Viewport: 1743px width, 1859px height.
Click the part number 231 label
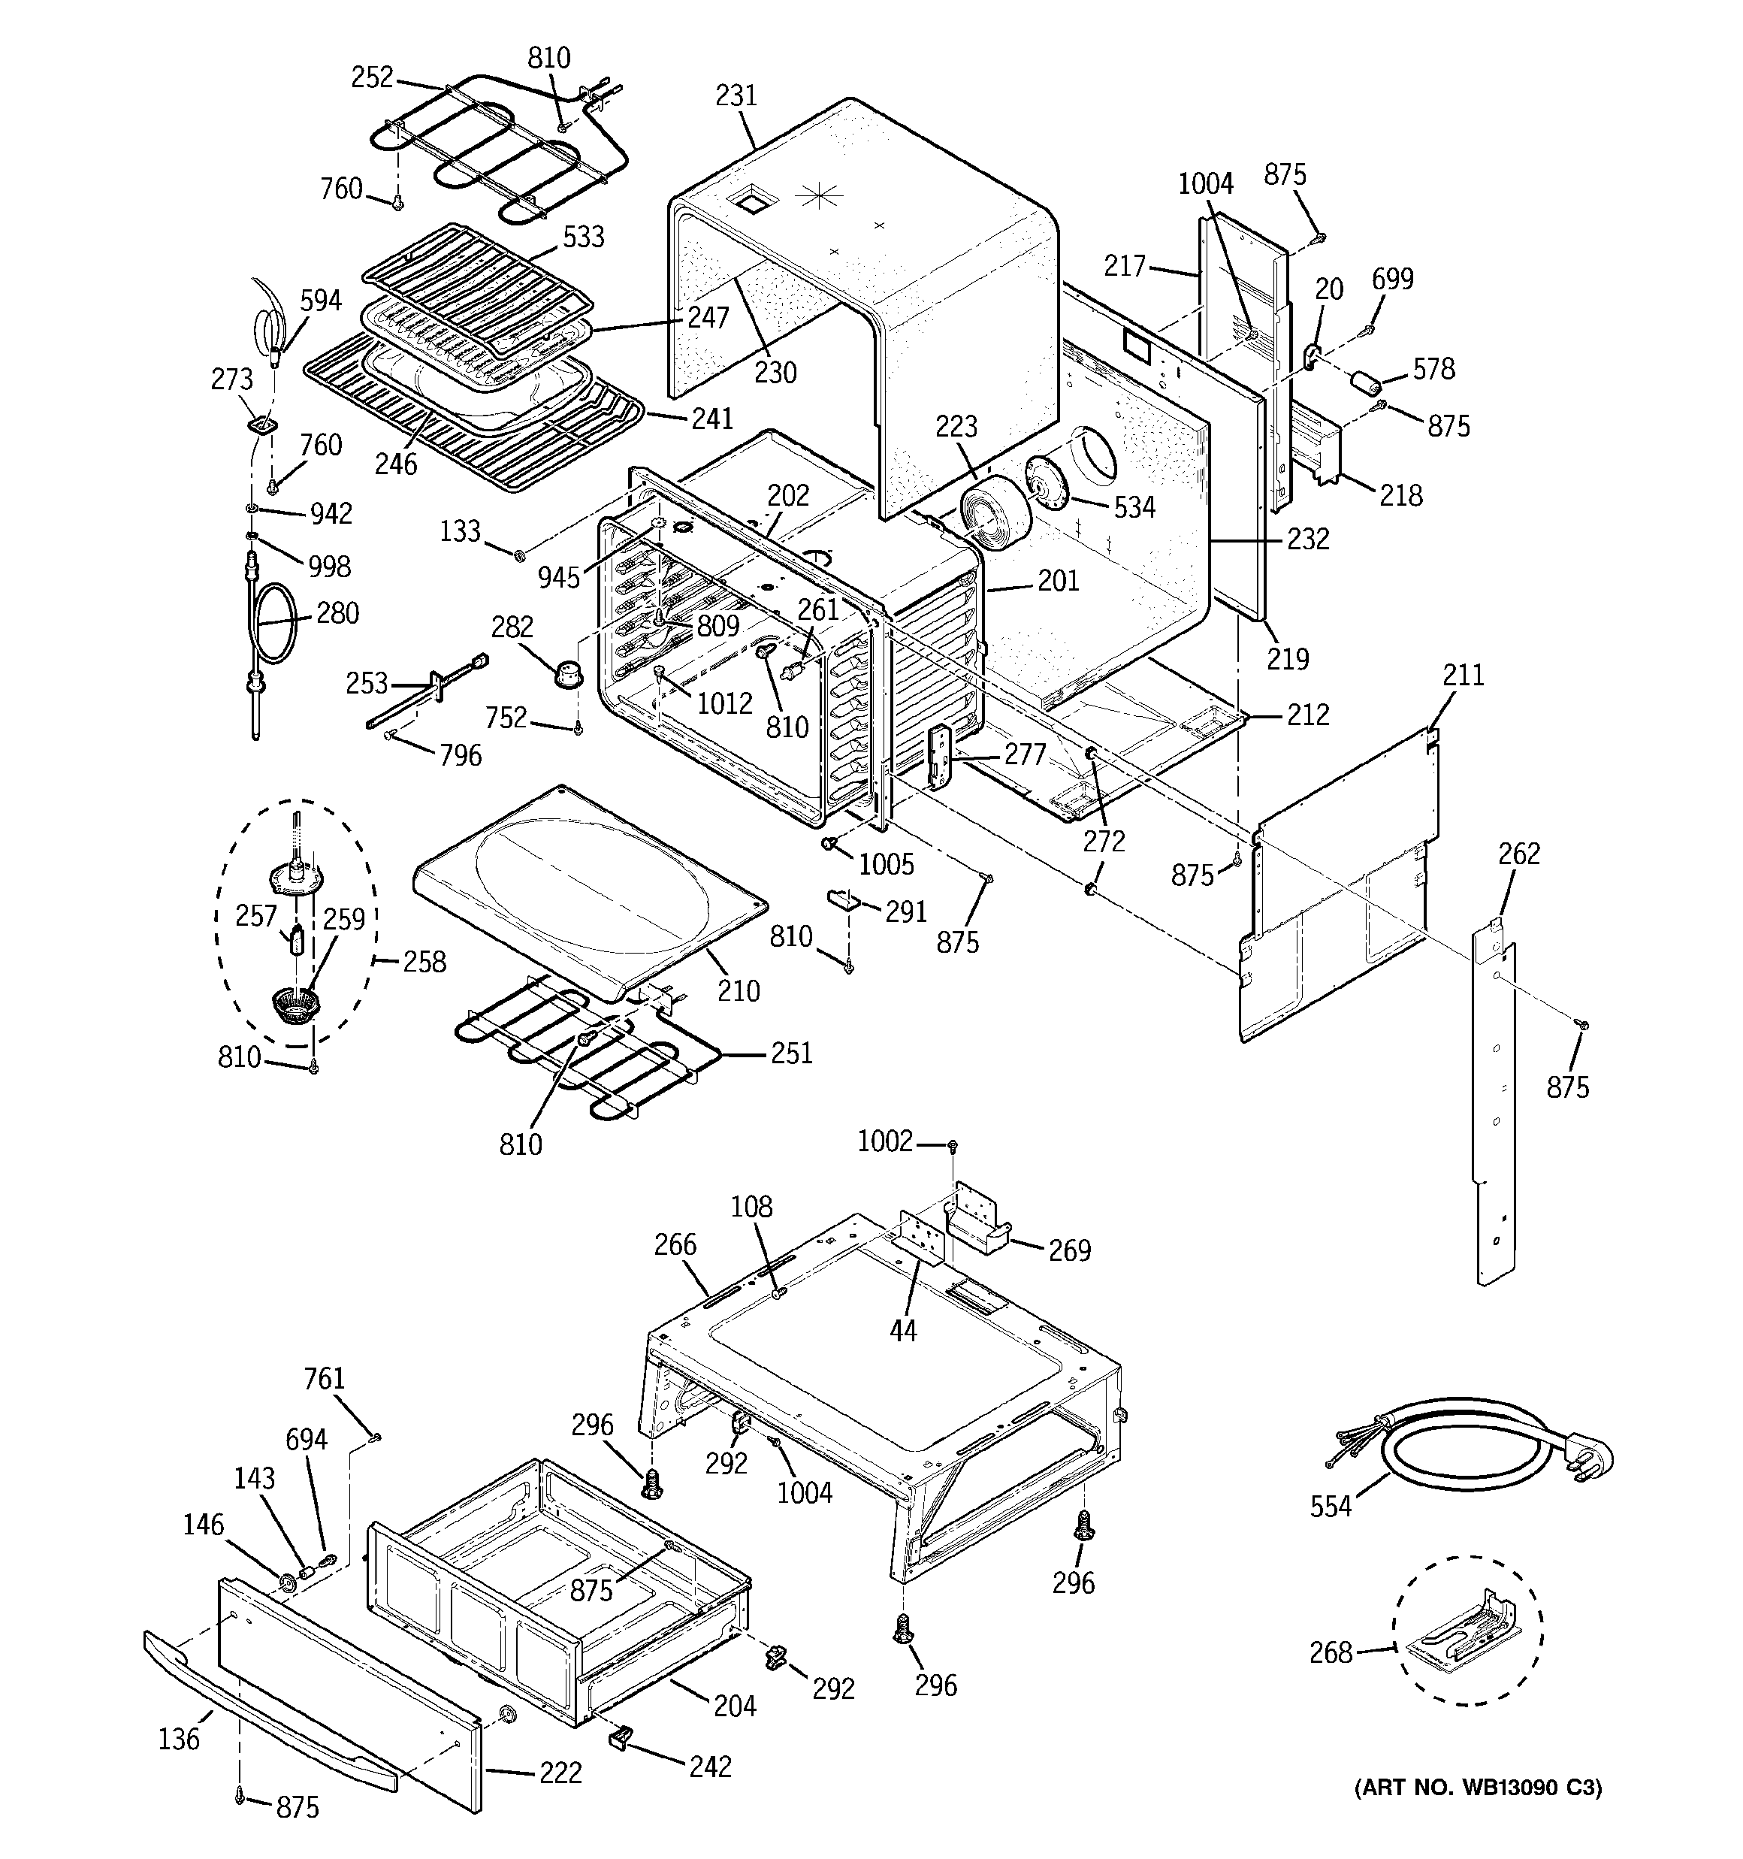pos(736,95)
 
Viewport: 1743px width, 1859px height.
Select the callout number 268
pos(1330,1652)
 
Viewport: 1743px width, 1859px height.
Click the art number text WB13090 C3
pos(1479,1788)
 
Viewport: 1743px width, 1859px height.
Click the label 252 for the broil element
pos(371,77)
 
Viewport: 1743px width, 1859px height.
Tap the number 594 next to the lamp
pos(320,301)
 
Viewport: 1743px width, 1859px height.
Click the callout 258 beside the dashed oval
pos(424,961)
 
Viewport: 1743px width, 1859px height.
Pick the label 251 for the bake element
pos(791,1053)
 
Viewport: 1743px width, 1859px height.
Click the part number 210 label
pos(738,990)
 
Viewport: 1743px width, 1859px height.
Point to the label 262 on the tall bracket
pos(1518,854)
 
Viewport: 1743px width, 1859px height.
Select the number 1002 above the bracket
pos(884,1141)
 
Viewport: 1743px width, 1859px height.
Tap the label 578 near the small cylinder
pos(1433,370)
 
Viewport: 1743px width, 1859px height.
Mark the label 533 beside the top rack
pos(582,237)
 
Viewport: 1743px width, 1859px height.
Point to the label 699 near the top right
pos(1392,279)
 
